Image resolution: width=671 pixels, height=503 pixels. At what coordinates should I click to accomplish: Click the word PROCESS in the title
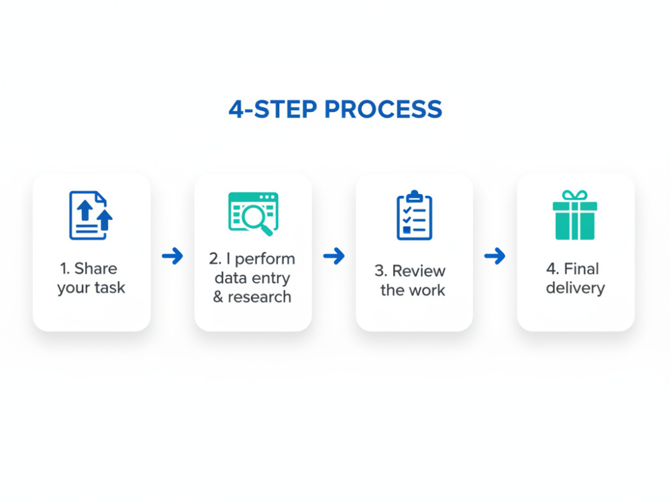point(383,109)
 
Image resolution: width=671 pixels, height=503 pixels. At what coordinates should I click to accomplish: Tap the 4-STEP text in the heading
point(273,109)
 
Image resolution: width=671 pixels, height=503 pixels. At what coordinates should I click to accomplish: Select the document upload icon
point(91,215)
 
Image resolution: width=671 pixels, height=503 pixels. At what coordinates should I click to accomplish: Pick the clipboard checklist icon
point(414,215)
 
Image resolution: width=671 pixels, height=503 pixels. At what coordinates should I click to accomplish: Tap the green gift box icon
point(575,215)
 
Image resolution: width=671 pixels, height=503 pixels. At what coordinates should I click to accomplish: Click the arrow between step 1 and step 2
point(172,256)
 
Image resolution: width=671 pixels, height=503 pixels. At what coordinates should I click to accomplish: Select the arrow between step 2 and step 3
point(333,256)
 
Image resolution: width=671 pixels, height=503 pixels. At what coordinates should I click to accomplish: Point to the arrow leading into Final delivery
point(495,256)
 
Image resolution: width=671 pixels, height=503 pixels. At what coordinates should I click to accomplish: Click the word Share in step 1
point(95,269)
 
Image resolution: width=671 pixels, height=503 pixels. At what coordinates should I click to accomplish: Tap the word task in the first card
point(109,288)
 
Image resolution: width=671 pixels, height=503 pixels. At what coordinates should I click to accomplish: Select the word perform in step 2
point(265,259)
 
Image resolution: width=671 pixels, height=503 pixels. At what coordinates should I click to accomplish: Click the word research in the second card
point(259,297)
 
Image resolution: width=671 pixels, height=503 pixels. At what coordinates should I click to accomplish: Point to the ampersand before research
point(218,297)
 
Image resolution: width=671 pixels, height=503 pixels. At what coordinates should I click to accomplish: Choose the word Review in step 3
point(419,271)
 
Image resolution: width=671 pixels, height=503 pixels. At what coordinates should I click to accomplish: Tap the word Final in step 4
point(582,269)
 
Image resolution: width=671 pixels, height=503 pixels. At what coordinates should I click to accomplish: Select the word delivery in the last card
point(575,288)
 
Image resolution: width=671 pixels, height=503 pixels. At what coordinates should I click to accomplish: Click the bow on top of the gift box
point(575,195)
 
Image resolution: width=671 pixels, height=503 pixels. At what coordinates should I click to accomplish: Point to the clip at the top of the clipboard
point(414,197)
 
